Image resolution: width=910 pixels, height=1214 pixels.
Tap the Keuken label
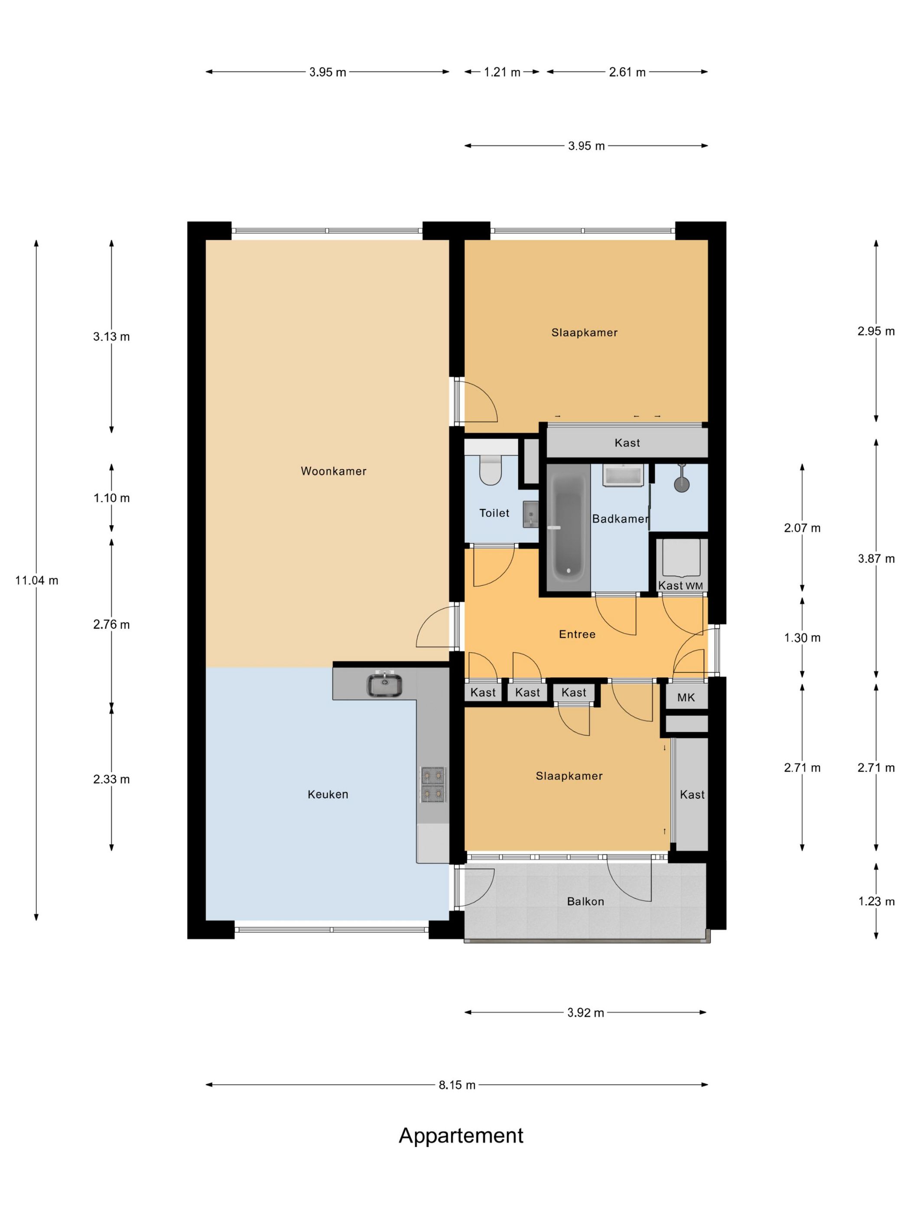tap(328, 794)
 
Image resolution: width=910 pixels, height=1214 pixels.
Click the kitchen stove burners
tap(433, 785)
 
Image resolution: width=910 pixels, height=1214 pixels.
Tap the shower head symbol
tap(681, 479)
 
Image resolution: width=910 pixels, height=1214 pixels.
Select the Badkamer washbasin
tap(623, 475)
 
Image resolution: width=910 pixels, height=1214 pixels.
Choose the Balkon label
tap(585, 901)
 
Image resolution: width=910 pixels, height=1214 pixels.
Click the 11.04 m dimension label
tap(37, 580)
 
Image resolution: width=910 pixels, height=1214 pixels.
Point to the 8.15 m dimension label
tap(457, 1084)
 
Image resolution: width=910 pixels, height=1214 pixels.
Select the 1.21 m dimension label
tap(502, 72)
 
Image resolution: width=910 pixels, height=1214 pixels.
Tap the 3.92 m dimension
tap(585, 1012)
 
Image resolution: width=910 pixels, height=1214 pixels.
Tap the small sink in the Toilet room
tap(530, 514)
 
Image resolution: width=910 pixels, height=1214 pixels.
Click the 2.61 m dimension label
tap(627, 72)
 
